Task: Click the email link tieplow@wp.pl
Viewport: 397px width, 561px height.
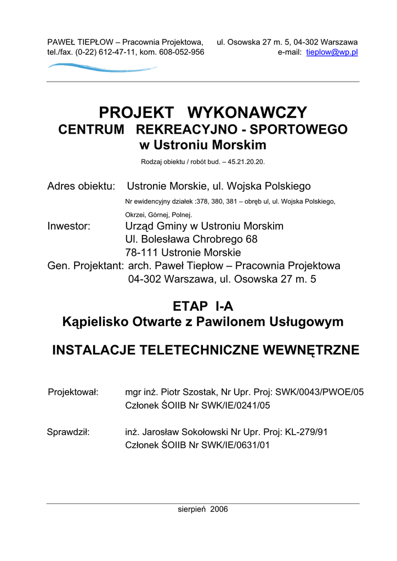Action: coord(332,52)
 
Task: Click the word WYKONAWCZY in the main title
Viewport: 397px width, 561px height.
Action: coord(247,113)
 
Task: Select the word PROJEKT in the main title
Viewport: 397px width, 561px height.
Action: coord(136,113)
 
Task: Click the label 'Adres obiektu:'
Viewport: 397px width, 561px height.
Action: coord(81,186)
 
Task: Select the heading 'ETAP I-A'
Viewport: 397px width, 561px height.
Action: coord(203,307)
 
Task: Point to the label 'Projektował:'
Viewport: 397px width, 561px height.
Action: coord(73,392)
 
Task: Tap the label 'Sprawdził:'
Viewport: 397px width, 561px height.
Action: coord(69,432)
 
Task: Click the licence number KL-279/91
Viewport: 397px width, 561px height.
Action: coord(306,432)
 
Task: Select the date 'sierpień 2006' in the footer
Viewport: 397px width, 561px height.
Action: coord(203,509)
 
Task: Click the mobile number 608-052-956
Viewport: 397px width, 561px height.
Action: coord(182,52)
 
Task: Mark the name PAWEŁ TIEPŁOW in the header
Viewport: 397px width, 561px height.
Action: coord(80,42)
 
